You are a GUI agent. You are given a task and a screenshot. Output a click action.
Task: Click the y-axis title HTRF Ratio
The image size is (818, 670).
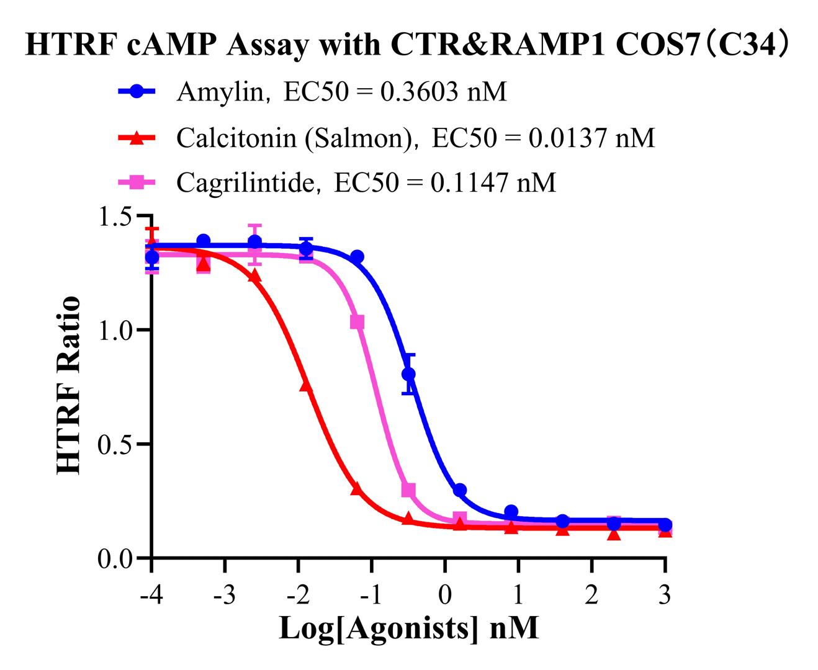click(x=69, y=386)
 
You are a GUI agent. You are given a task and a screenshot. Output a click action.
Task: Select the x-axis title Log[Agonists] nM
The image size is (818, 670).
click(x=408, y=628)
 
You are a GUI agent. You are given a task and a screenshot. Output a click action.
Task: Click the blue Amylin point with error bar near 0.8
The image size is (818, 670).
click(x=408, y=374)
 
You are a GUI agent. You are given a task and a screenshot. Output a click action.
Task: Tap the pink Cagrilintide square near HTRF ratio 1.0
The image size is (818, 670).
click(x=357, y=322)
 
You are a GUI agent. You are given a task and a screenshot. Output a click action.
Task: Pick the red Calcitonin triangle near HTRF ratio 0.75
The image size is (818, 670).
click(x=305, y=385)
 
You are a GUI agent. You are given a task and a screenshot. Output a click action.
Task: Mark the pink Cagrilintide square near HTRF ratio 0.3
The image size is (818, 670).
click(x=408, y=490)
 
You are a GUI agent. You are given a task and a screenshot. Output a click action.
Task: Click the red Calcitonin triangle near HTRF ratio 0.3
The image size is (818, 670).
click(x=356, y=489)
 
